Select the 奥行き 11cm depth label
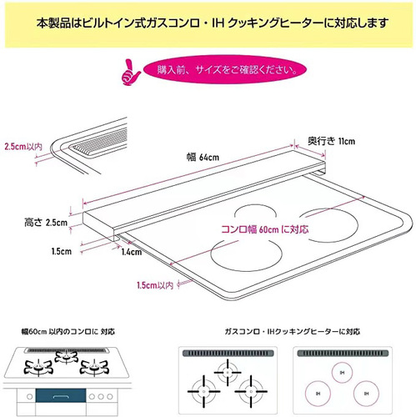pyautogui.click(x=331, y=141)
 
